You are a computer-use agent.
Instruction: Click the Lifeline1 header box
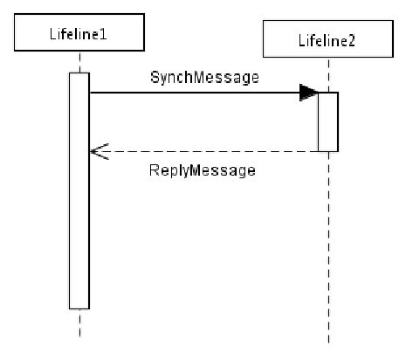click(x=79, y=32)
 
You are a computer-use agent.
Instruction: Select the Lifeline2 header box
click(x=327, y=40)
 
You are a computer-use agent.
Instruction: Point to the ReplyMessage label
click(x=202, y=170)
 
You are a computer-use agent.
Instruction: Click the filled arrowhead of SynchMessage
click(x=308, y=93)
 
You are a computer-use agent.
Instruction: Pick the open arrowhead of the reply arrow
click(x=97, y=152)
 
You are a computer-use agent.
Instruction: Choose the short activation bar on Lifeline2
click(x=327, y=121)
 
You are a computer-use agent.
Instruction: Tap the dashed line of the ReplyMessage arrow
click(x=210, y=152)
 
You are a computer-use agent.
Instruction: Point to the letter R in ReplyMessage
click(x=152, y=170)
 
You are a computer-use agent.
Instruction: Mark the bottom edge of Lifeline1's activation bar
click(x=79, y=308)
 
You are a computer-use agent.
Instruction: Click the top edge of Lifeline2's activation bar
click(x=327, y=93)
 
